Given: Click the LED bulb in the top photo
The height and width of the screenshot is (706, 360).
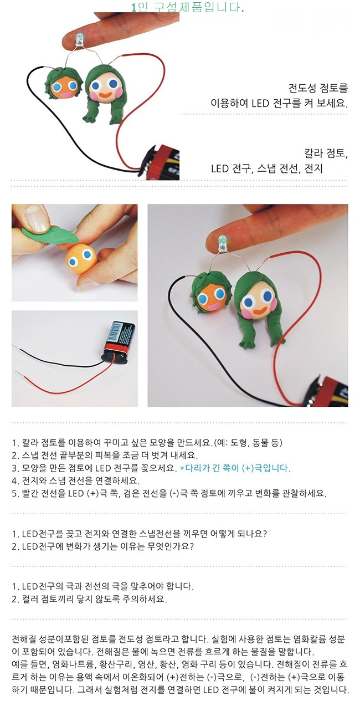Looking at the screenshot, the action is click(79, 40).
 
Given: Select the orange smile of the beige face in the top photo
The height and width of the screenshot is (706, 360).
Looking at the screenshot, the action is click(104, 94).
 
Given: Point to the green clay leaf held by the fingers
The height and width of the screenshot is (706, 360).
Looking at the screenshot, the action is click(49, 235).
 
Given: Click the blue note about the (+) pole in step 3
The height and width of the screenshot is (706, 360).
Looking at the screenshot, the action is click(235, 468).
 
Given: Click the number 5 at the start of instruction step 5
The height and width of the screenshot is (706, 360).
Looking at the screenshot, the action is click(14, 494).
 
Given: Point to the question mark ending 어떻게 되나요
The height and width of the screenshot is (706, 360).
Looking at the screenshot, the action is click(265, 534).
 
